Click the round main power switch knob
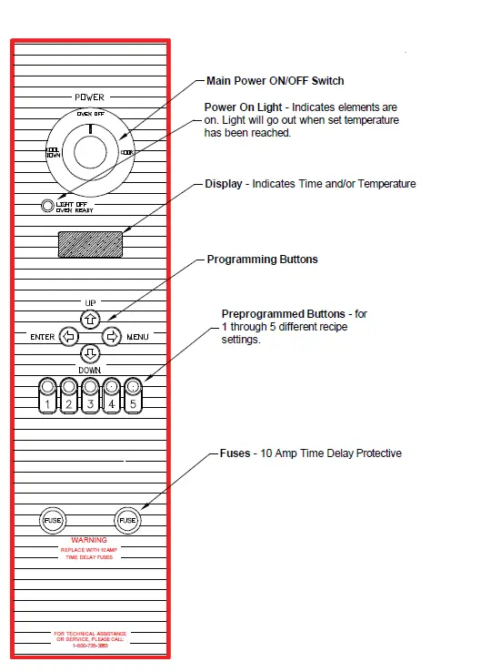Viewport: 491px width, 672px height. (x=90, y=152)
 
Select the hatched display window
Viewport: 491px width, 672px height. (x=90, y=244)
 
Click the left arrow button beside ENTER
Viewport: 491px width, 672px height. (x=69, y=337)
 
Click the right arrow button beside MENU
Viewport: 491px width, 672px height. (x=111, y=337)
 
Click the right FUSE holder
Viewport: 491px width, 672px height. (x=127, y=520)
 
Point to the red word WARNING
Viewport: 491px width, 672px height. (x=89, y=541)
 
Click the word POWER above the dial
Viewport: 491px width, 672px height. (x=89, y=97)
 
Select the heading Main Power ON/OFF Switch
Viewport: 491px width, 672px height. (x=276, y=81)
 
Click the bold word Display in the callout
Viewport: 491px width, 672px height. (x=224, y=184)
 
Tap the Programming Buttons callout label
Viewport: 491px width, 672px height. (x=263, y=260)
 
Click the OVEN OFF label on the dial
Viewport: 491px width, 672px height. (x=90, y=114)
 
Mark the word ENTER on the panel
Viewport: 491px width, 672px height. (x=43, y=337)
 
